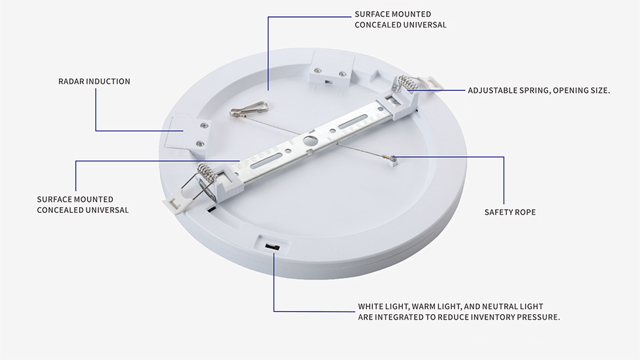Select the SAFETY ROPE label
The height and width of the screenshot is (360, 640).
tap(509, 212)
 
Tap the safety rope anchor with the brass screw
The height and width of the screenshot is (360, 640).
tap(392, 159)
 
